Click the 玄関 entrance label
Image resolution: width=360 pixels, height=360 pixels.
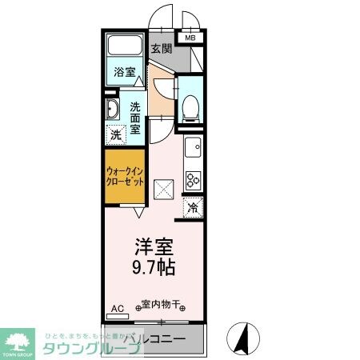pyautogui.click(x=161, y=49)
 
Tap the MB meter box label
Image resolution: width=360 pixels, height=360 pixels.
pyautogui.click(x=190, y=38)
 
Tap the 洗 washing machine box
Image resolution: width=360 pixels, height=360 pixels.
pyautogui.click(x=115, y=135)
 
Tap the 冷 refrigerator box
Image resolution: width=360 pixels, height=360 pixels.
pyautogui.click(x=193, y=206)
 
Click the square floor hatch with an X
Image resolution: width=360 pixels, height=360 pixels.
pyautogui.click(x=165, y=190)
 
